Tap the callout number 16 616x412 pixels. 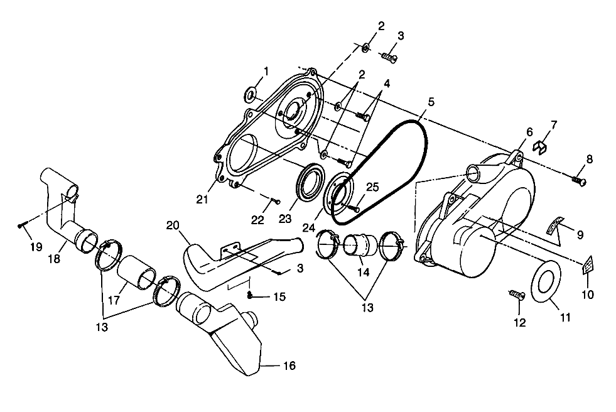[x=289, y=366]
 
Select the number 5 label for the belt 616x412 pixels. [x=431, y=101]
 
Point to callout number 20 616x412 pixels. [x=173, y=225]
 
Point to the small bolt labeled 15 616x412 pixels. [x=251, y=295]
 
